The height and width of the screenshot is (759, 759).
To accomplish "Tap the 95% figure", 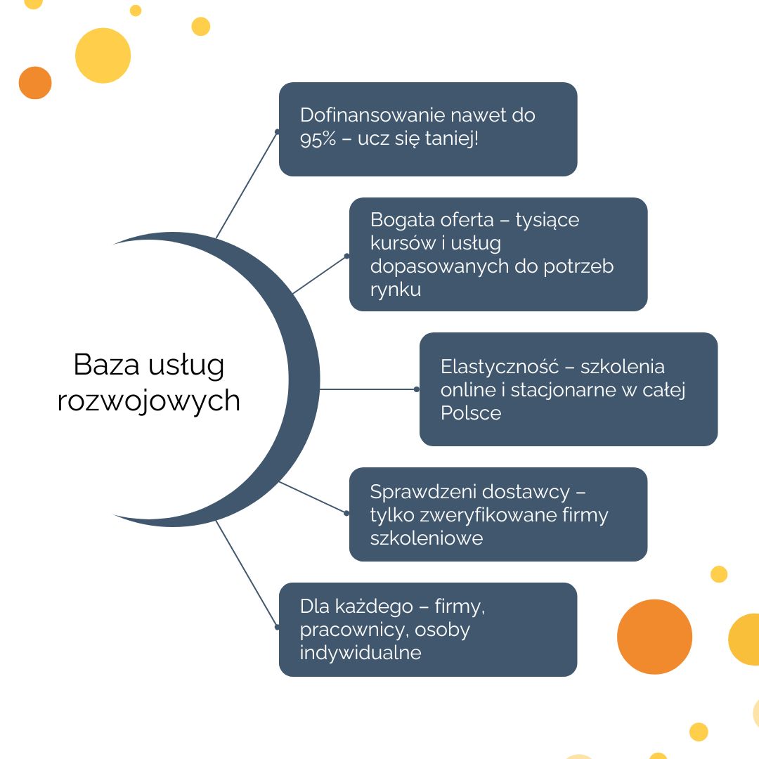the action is pos(318,139).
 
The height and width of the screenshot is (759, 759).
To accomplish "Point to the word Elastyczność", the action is pos(499,367).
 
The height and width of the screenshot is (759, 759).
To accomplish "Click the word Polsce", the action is pos(470,413).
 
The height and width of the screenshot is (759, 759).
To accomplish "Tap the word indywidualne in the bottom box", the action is pos(360,652).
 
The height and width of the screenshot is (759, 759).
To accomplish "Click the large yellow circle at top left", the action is pos(103,56).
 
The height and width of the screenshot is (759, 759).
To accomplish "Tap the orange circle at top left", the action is pos(35,83).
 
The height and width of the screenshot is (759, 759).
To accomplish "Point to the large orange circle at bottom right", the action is pos(654,637).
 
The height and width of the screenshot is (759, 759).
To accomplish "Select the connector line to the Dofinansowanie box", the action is pos(247,184).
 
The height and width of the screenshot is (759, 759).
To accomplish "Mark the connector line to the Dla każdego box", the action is pos(247,575).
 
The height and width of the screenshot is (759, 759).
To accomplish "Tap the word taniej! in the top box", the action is pos(452,139).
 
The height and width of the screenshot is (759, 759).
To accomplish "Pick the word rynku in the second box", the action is pos(396,290).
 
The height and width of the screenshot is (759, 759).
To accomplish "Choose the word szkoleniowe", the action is pos(427,538).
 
